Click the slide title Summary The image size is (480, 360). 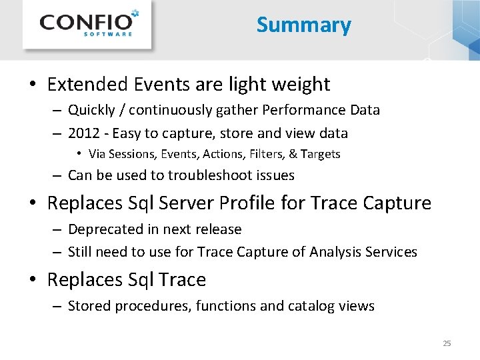(303, 25)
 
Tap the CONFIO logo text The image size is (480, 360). (83, 22)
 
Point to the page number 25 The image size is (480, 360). (447, 343)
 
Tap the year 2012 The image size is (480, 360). (83, 133)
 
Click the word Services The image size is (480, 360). (393, 252)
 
